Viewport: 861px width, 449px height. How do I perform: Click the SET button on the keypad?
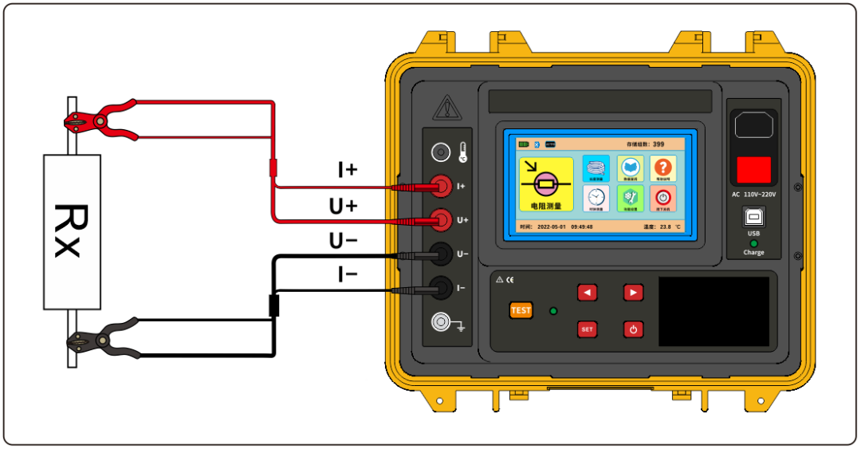[x=587, y=329]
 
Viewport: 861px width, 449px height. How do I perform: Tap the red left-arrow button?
[x=587, y=293]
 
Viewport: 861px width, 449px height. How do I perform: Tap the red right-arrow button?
[x=633, y=293]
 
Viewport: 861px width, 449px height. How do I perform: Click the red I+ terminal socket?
[x=439, y=187]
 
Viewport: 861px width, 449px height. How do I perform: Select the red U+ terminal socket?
[x=439, y=219]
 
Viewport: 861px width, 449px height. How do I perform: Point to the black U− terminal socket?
[x=439, y=254]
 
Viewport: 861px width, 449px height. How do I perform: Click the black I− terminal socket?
[x=439, y=286]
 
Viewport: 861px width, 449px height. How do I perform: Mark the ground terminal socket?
[x=439, y=321]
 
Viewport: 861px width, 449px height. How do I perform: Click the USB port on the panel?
[x=753, y=218]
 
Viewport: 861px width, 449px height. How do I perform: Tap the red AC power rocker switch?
[x=753, y=169]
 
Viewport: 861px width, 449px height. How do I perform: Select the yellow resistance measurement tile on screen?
[x=546, y=183]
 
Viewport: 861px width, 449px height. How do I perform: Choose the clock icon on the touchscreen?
[x=596, y=198]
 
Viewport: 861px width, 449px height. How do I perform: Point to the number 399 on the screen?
[x=659, y=144]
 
